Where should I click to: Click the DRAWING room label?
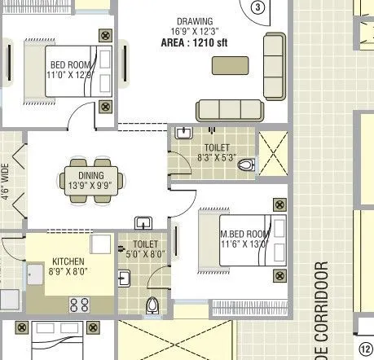(196, 20)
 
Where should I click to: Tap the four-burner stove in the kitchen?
(79, 305)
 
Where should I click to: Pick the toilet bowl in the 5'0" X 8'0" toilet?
(152, 306)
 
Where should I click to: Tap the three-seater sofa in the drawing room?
(230, 110)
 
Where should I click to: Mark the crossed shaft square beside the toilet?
(274, 152)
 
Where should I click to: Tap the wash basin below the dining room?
(144, 222)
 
